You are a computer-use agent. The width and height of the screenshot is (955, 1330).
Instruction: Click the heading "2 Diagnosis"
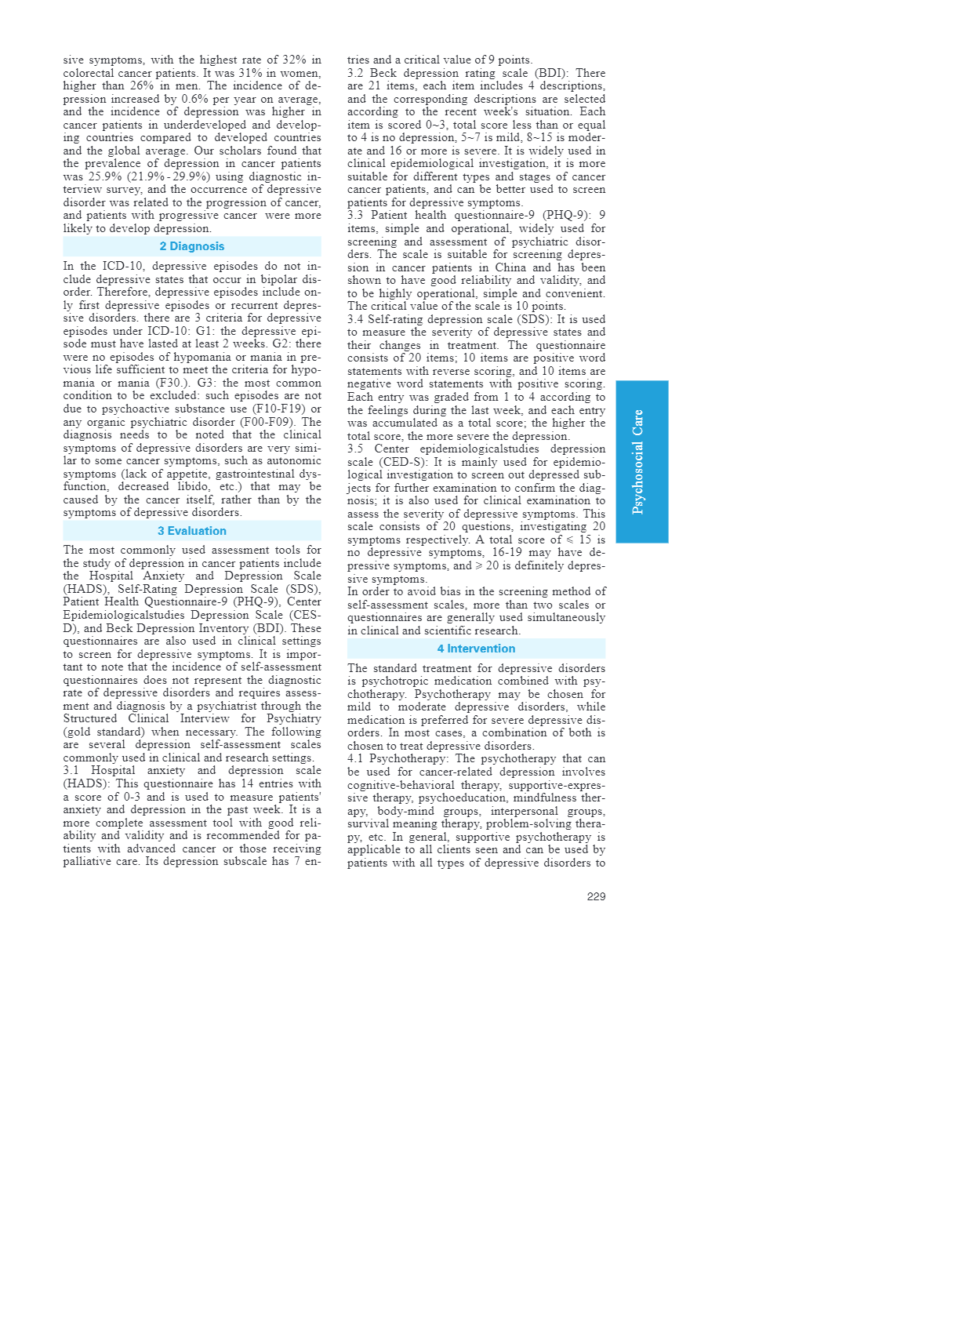tap(191, 246)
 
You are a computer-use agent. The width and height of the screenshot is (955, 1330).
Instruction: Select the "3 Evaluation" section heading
tap(191, 531)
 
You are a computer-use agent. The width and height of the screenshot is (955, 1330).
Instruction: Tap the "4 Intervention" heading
tap(476, 649)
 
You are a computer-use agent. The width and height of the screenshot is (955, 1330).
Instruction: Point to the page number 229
tap(596, 896)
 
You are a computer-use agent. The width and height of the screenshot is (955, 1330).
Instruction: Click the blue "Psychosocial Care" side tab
tap(641, 461)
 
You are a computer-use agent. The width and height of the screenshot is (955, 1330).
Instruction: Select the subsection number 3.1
tap(71, 770)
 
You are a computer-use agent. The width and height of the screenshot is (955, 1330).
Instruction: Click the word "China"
tap(510, 267)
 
